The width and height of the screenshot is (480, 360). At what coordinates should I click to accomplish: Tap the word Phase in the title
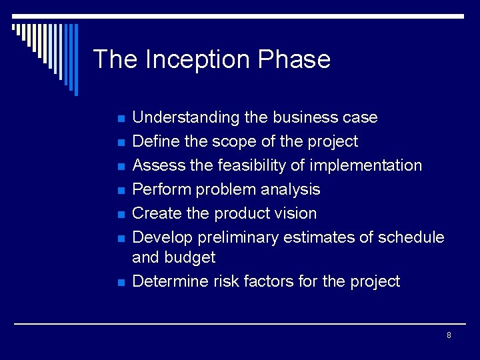click(x=294, y=60)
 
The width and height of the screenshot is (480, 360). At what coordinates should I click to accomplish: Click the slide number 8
click(x=449, y=335)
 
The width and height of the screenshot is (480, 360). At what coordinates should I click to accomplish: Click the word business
click(x=303, y=118)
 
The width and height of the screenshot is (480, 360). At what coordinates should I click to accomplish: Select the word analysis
click(x=289, y=190)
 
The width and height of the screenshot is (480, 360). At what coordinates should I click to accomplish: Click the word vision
click(x=297, y=213)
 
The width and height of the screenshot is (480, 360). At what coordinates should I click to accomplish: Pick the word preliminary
click(x=240, y=238)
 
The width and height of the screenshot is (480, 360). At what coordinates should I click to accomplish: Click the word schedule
click(x=411, y=238)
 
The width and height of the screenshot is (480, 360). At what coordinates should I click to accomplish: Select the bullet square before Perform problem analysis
click(x=121, y=191)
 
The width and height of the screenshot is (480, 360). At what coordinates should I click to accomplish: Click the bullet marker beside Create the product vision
click(x=121, y=215)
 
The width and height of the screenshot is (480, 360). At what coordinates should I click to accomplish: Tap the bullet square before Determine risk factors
click(x=121, y=283)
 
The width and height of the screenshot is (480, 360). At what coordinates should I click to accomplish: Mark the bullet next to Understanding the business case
click(x=121, y=119)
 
